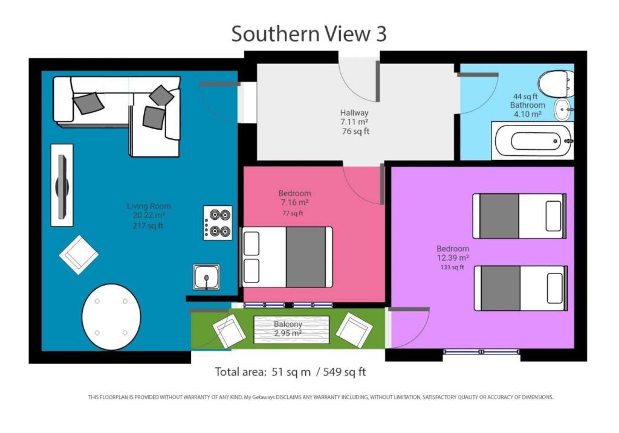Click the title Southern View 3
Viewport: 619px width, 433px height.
coord(309,34)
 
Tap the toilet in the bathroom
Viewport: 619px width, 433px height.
coord(556,83)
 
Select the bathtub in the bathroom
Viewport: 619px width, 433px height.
coord(532,141)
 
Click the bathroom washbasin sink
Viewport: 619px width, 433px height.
coord(562,109)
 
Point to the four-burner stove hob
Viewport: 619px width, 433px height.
coord(218,223)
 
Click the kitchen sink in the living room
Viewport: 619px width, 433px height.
coord(206,277)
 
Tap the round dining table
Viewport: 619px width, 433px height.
coord(111,317)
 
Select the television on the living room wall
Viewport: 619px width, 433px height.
coord(62,185)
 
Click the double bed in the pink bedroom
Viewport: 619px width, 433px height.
coord(287,257)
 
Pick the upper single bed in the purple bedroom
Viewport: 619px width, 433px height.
coord(519,216)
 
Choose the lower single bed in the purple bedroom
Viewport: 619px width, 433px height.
coord(520,288)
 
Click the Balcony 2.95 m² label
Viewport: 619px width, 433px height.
coord(288,329)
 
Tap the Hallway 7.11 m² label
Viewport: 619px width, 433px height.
coord(355,122)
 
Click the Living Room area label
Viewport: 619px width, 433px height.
coord(149,216)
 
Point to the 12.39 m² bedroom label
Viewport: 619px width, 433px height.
coord(452,258)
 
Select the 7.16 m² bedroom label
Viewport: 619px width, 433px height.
coord(294,203)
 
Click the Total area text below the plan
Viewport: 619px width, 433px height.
coord(290,372)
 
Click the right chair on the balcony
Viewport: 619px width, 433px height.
coord(354,330)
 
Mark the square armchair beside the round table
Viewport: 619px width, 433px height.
coord(79,255)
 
